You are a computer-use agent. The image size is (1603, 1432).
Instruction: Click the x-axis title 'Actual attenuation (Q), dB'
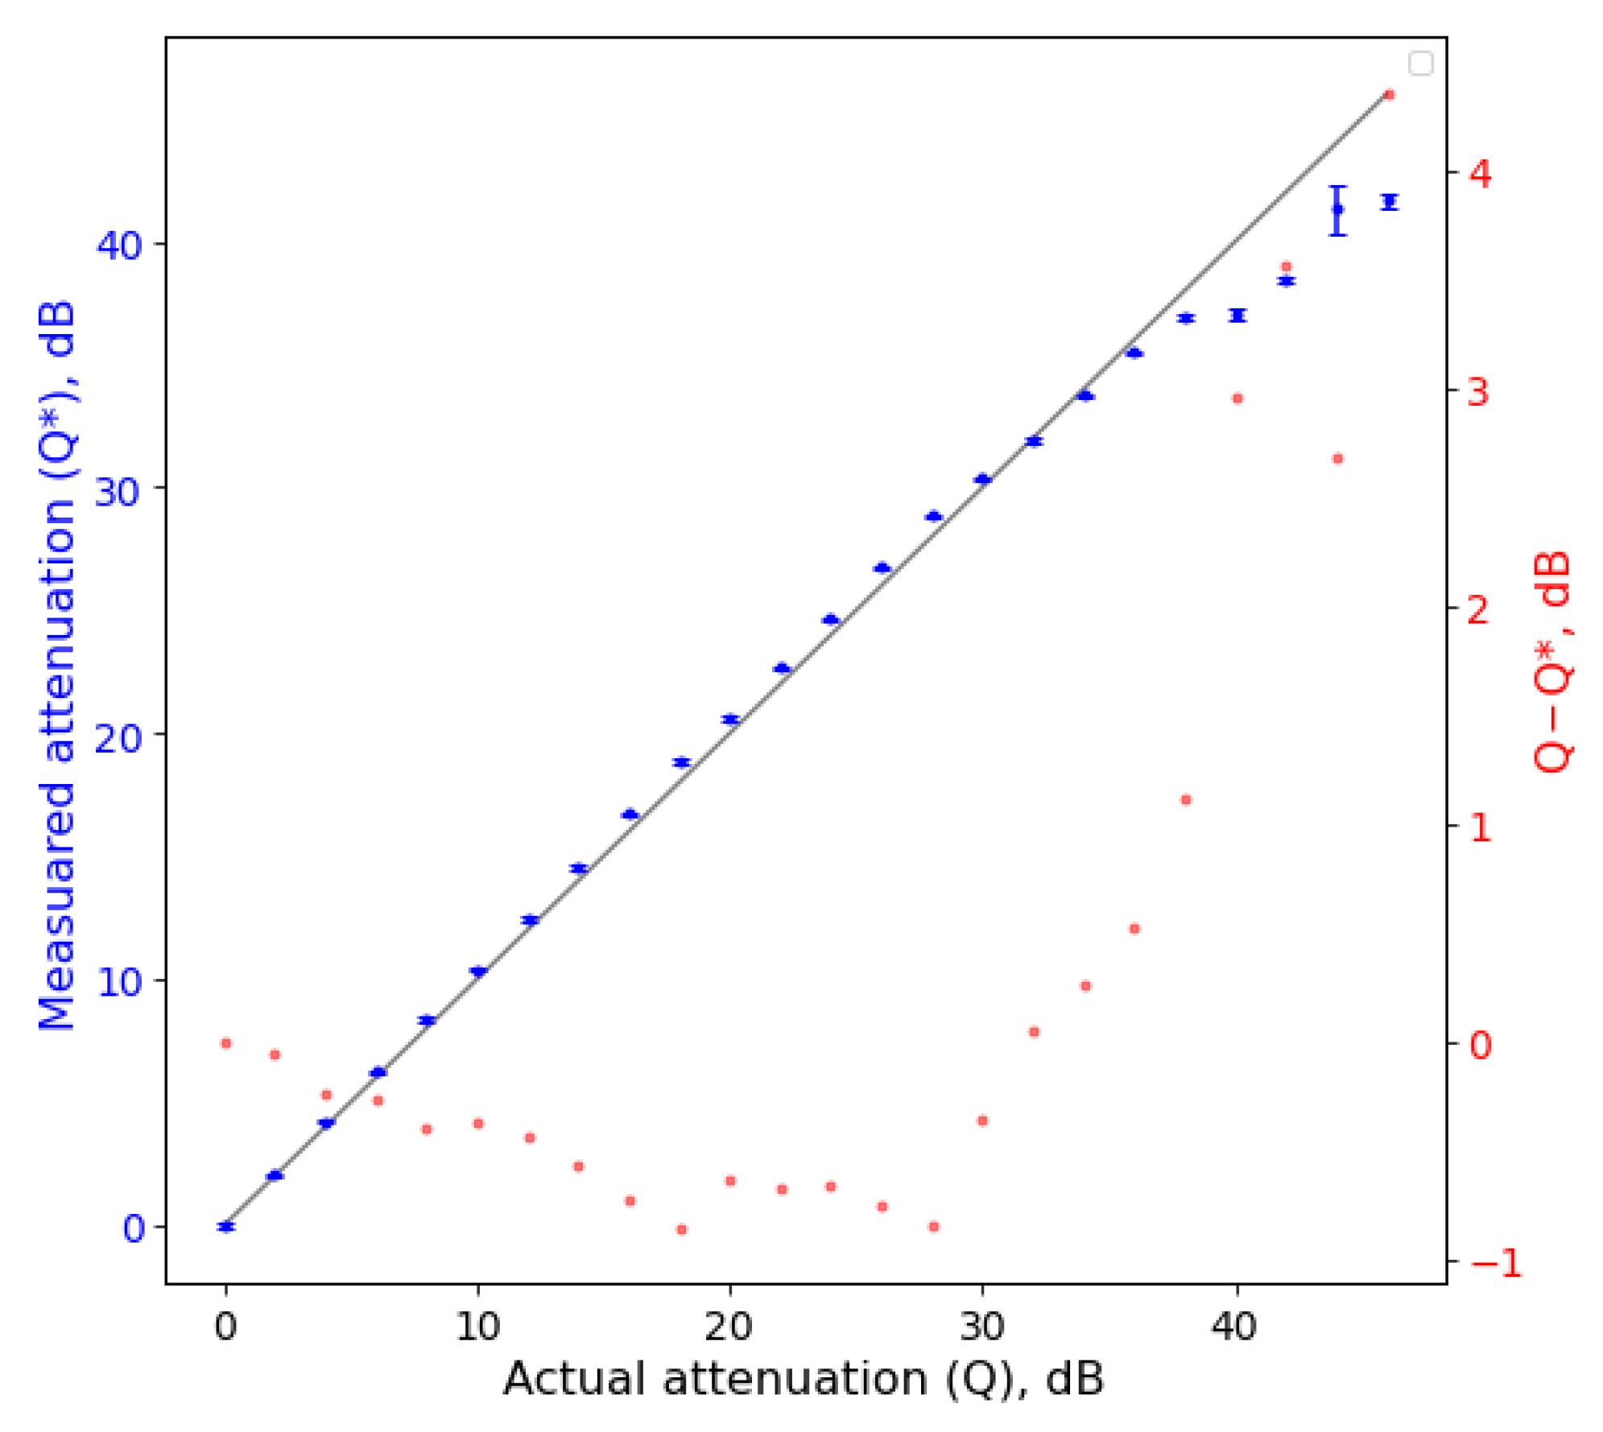click(803, 1378)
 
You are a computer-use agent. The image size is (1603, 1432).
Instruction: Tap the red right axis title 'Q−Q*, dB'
click(1551, 662)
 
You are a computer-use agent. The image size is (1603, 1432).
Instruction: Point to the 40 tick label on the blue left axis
click(119, 244)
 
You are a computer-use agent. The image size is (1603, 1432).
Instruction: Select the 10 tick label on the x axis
click(477, 1325)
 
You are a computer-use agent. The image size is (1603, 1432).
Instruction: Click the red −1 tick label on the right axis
click(1496, 1263)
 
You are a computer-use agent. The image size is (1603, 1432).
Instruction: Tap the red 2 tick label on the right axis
click(1478, 609)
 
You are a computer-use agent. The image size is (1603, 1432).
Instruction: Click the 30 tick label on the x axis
click(981, 1325)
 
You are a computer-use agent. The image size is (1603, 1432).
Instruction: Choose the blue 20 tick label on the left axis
click(119, 737)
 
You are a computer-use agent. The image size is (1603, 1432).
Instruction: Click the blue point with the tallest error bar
click(1337, 210)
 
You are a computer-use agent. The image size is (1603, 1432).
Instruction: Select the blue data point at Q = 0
click(226, 1227)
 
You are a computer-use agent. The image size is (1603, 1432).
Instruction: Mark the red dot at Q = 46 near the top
click(1389, 95)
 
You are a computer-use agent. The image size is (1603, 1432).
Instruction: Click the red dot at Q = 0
click(226, 1043)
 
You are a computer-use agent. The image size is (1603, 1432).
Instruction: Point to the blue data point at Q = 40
click(1237, 316)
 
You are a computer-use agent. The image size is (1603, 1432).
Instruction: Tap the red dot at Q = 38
click(1186, 800)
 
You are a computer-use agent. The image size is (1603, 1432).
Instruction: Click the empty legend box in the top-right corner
click(1420, 64)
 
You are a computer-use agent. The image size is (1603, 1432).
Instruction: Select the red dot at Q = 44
click(1337, 459)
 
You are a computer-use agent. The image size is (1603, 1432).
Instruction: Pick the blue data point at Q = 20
click(730, 720)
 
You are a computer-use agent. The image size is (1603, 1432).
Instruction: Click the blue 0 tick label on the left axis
click(134, 1228)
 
